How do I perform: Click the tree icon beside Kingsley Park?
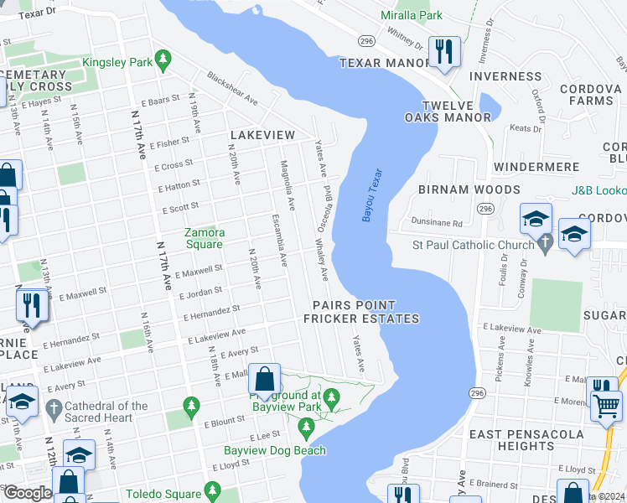point(164,61)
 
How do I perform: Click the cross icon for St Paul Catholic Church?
point(546,245)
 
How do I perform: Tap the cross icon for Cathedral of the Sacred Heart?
point(54,410)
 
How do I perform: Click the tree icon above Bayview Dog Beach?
point(306,429)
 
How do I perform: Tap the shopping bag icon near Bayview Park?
point(265,379)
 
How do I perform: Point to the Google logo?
point(28,493)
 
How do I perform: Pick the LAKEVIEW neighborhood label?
point(262,135)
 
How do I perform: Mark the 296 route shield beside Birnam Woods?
point(485,207)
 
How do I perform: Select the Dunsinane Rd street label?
point(437,223)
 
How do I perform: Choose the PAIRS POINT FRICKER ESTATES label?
point(360,312)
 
